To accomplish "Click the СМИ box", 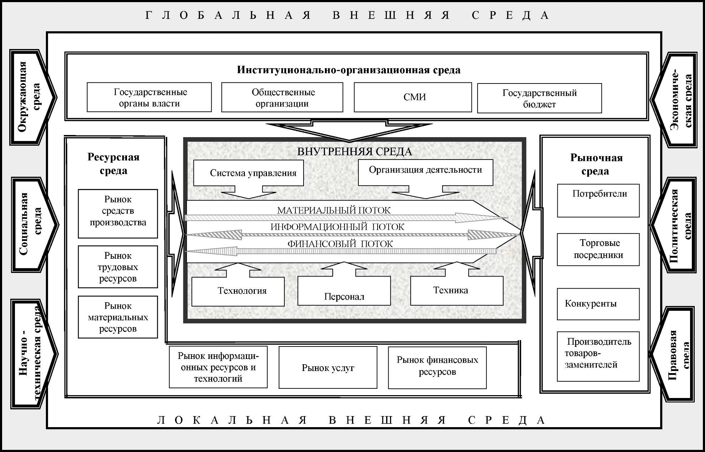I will (413, 97).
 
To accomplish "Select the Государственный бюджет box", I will (539, 98).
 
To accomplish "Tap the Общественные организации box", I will (282, 97).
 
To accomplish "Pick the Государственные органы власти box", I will (149, 97).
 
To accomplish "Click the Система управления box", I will (248, 173).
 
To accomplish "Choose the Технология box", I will (238, 291).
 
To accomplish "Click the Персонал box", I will (344, 291).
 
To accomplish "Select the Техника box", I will (457, 291).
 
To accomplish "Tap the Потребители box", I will (598, 200).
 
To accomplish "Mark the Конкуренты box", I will (598, 304).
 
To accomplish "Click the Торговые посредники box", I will (598, 249).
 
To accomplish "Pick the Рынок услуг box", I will (328, 367).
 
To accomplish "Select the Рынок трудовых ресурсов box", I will (118, 267).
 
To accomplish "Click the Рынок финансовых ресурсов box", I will (437, 367).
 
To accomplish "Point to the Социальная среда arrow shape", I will (34, 225).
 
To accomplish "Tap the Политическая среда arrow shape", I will (675, 225).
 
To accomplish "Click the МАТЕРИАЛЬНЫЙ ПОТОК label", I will (333, 210).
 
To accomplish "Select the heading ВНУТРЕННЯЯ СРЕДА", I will (354, 152).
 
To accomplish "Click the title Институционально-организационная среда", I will (349, 70).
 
